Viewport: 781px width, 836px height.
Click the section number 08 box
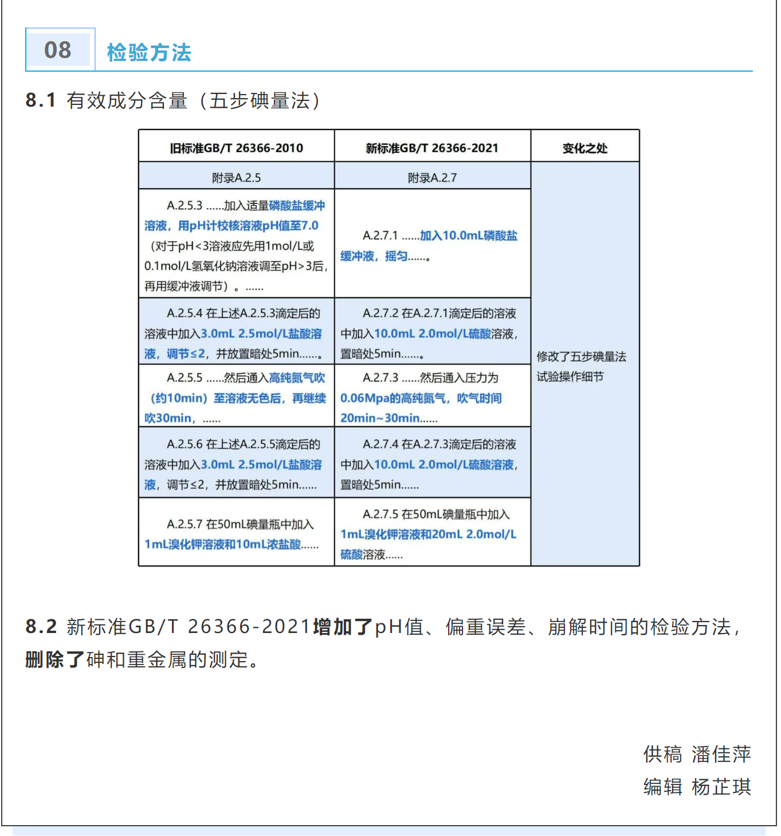tap(59, 50)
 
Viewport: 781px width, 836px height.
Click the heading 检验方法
tap(149, 52)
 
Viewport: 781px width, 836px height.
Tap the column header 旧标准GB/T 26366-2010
tap(236, 148)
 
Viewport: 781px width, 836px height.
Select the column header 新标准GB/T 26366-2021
tap(432, 148)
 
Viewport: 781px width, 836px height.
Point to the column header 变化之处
tap(584, 148)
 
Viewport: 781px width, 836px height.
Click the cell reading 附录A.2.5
tap(236, 178)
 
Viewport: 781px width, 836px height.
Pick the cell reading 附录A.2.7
tap(432, 178)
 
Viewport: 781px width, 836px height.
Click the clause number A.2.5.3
tap(185, 205)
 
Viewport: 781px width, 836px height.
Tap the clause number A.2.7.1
tap(380, 236)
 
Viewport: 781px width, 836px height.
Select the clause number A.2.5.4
tap(185, 314)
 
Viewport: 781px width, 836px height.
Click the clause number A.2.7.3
tap(380, 378)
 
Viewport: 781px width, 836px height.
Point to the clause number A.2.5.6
tap(185, 444)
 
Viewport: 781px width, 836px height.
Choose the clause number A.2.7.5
tap(380, 514)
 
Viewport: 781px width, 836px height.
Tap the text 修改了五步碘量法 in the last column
tap(581, 357)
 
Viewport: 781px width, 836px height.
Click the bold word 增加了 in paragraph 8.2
tap(343, 627)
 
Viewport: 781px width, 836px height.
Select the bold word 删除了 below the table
tap(55, 659)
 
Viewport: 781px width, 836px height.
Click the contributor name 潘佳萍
tap(721, 754)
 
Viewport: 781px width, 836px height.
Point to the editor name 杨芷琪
tap(721, 787)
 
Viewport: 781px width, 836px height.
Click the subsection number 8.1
tap(41, 100)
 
